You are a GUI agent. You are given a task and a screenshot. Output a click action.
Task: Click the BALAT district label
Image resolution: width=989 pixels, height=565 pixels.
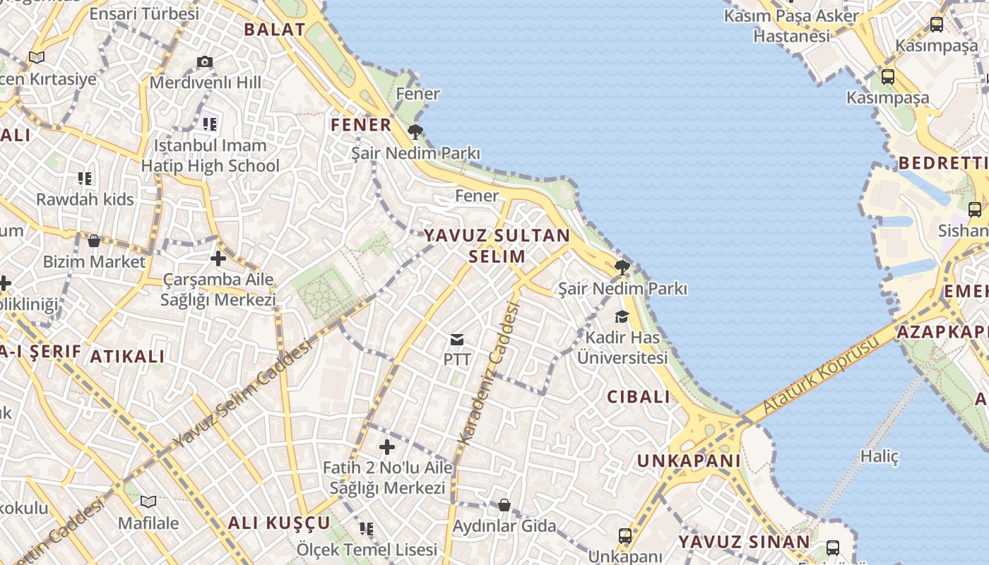(x=274, y=30)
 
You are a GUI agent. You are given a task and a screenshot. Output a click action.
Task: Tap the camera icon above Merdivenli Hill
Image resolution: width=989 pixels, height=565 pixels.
(x=205, y=62)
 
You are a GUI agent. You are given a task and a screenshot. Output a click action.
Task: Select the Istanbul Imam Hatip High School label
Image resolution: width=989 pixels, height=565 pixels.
(x=211, y=156)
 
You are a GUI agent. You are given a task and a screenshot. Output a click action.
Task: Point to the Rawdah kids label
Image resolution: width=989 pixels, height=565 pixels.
(x=85, y=199)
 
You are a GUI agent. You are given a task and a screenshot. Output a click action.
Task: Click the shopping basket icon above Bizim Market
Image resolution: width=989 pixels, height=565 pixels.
(x=94, y=242)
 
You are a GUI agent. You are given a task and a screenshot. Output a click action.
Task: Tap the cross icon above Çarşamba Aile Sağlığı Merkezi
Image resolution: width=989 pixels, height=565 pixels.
(x=218, y=258)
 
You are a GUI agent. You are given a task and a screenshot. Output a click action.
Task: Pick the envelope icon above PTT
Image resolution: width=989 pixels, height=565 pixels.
(x=457, y=340)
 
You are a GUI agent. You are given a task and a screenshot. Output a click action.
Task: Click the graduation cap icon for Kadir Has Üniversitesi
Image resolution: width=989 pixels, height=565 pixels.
(x=622, y=316)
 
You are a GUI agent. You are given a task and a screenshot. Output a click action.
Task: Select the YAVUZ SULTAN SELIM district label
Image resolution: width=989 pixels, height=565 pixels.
(x=497, y=245)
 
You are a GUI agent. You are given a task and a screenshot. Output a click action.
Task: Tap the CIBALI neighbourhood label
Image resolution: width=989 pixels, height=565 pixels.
(x=639, y=397)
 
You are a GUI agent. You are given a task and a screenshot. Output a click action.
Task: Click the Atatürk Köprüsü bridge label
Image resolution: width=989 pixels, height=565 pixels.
(x=821, y=375)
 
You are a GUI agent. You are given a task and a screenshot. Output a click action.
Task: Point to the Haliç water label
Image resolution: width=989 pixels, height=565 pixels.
(x=880, y=456)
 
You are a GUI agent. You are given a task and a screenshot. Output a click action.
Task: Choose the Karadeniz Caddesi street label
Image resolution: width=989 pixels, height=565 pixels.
(x=489, y=372)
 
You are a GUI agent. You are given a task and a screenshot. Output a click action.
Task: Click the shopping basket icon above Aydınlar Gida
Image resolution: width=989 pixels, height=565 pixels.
(x=504, y=505)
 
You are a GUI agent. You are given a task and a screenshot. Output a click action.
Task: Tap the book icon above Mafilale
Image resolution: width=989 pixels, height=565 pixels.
(x=148, y=502)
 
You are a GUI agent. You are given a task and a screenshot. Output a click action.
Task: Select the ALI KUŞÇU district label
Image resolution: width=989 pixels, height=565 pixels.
(x=279, y=523)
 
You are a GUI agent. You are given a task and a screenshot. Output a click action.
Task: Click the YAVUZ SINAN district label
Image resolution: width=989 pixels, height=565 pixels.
(x=744, y=542)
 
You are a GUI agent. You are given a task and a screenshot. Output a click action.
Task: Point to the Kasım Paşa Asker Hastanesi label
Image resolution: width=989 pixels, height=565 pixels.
(x=791, y=25)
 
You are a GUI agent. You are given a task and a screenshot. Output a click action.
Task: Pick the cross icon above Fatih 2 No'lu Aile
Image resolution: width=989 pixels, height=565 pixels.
(x=387, y=447)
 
